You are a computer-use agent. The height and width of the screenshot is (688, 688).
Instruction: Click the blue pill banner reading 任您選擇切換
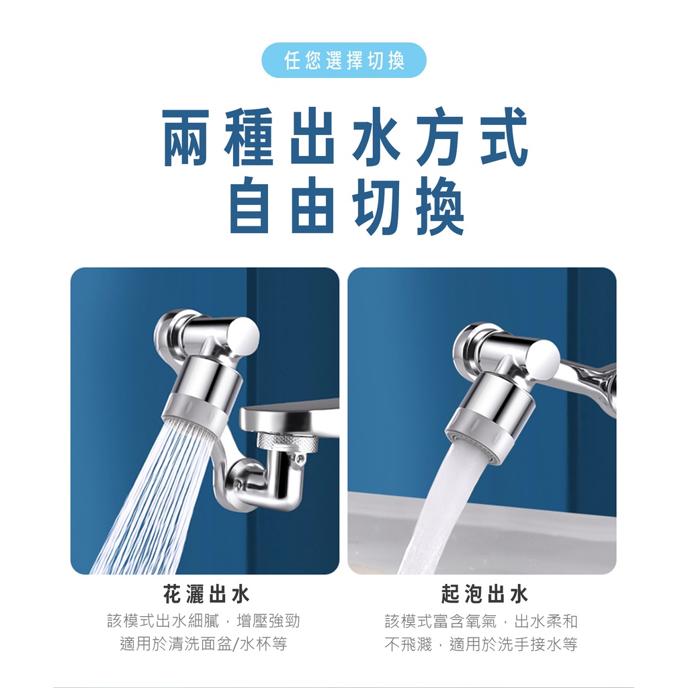pyautogui.click(x=343, y=60)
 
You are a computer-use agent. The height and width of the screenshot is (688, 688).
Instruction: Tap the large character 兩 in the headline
pyautogui.click(x=187, y=136)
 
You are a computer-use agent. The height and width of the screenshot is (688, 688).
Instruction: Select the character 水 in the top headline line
pyautogui.click(x=376, y=136)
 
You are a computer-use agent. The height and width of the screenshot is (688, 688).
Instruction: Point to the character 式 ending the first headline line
pyautogui.click(x=504, y=136)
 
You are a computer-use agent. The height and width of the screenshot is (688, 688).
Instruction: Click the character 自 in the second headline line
pyautogui.click(x=249, y=205)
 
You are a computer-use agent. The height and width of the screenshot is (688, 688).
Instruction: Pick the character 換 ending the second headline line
pyautogui.click(x=440, y=205)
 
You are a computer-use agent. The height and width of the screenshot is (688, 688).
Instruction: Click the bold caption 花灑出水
pyautogui.click(x=206, y=595)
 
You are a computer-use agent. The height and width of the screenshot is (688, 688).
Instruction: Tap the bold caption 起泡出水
pyautogui.click(x=484, y=595)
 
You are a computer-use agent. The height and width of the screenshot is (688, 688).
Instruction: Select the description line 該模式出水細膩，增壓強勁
pyautogui.click(x=204, y=621)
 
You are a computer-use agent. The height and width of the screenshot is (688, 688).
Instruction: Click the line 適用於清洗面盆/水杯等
pyautogui.click(x=204, y=644)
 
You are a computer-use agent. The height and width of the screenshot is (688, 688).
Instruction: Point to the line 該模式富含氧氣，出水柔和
pyautogui.click(x=481, y=621)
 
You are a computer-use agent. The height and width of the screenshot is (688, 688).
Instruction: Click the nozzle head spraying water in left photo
pyautogui.click(x=201, y=397)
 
